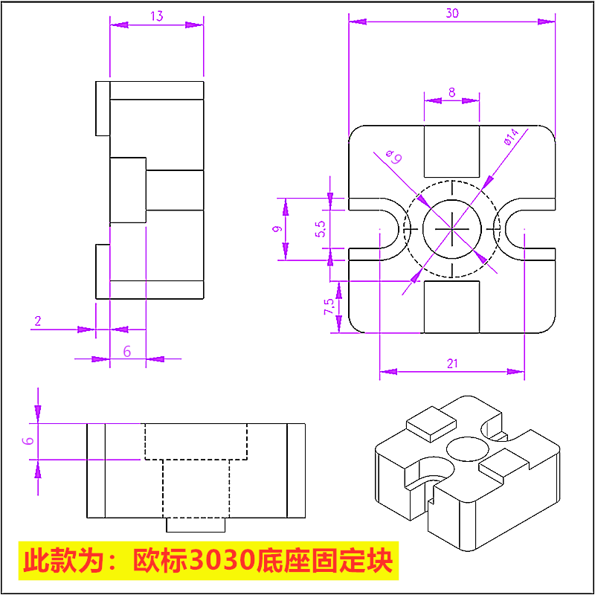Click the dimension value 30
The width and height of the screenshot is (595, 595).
[x=451, y=13]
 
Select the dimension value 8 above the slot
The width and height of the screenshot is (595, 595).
[x=451, y=92]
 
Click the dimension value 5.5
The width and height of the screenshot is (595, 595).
[x=320, y=229]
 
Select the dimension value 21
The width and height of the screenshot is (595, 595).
[x=451, y=363]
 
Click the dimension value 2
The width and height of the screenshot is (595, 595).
[x=38, y=321]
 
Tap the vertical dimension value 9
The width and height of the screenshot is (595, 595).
[x=275, y=230]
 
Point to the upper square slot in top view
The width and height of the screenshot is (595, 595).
[x=451, y=151]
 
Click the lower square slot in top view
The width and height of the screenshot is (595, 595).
[x=451, y=306]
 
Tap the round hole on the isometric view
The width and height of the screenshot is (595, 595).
[x=466, y=448]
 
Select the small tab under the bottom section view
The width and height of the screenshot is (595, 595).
[x=195, y=525]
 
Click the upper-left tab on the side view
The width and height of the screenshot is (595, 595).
[x=103, y=109]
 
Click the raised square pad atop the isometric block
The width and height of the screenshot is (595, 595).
[x=431, y=421]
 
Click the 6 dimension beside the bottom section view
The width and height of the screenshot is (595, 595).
[x=28, y=440]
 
